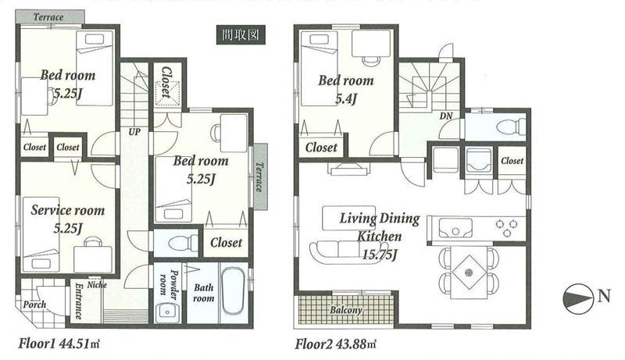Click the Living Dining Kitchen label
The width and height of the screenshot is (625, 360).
[380, 226]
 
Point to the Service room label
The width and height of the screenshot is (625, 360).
[67, 210]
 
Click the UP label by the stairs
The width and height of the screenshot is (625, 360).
[134, 132]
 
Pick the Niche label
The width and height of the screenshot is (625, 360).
[98, 284]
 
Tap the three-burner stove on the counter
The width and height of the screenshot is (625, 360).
[505, 228]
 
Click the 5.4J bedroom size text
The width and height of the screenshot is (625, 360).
[346, 98]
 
